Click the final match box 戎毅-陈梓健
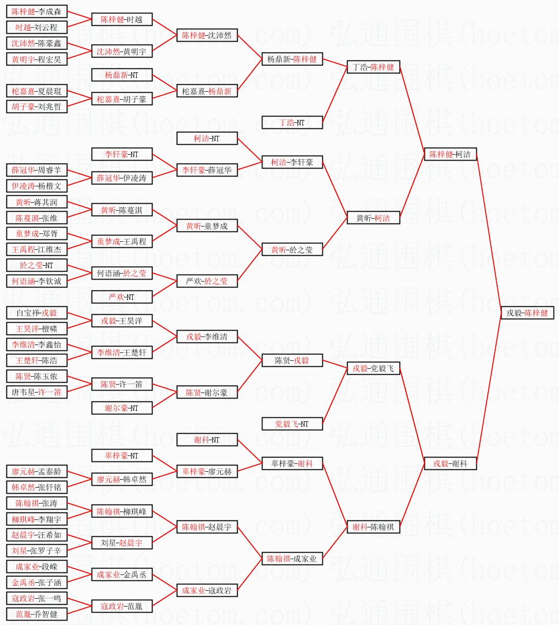(527, 313)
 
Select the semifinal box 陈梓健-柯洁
(450, 155)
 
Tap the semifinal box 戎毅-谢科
(450, 464)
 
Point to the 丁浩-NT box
(292, 122)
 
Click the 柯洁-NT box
(206, 139)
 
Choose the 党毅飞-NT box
(292, 424)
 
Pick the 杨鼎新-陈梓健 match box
(292, 59)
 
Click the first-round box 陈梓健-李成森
(37, 12)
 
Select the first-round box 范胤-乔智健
(37, 614)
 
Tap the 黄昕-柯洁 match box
(373, 218)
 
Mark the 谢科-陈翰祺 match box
(373, 527)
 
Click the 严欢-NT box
(121, 297)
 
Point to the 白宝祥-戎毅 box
(37, 313)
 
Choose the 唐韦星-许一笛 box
(37, 392)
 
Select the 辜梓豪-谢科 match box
(292, 464)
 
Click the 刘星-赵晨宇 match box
(121, 543)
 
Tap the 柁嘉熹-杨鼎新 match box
(206, 92)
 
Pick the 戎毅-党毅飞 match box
(373, 369)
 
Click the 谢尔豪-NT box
(121, 408)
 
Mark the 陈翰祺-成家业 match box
(292, 559)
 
